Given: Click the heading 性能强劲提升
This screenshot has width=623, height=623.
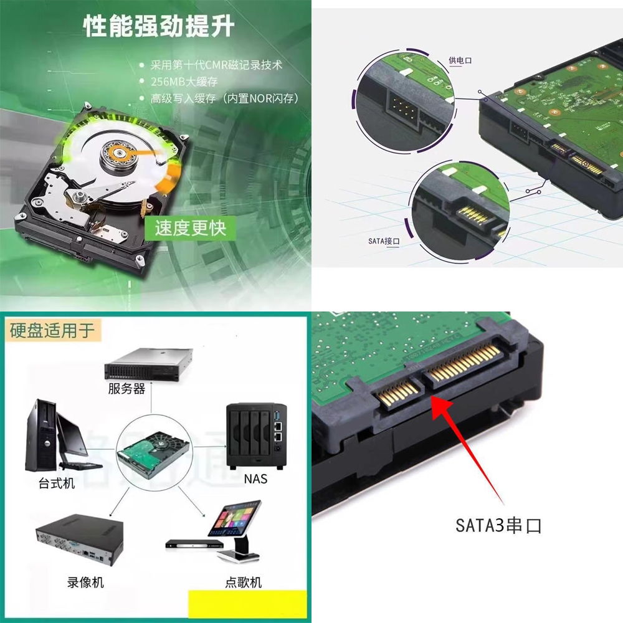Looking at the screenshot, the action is pos(158,27).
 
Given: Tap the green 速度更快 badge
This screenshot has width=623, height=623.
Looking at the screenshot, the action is pos(190,228).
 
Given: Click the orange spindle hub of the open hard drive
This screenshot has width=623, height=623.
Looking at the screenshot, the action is pos(119,152).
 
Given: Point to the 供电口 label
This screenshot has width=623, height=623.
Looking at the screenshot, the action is pos(460,60).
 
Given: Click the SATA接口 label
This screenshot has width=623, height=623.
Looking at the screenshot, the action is pos(384,241).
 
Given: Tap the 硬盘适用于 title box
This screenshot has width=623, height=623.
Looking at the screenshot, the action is pos(52,330).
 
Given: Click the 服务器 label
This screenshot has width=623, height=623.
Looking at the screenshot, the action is pos(126,389).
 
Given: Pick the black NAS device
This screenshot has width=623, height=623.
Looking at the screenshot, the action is pos(256,435).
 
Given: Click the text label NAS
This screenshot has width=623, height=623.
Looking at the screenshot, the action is pos(255,478).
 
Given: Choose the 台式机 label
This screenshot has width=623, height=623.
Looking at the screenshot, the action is pos(57,483).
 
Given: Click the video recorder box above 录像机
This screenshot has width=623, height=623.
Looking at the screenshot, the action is pos(80,540).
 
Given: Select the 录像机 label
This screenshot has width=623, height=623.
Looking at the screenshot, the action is pos(85,583).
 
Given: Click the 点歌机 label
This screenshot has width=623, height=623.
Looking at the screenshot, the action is pos(243,583).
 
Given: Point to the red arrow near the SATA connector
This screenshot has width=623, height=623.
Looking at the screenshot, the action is pos(468,450).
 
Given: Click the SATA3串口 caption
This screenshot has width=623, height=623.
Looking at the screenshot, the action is pos(498,525).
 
